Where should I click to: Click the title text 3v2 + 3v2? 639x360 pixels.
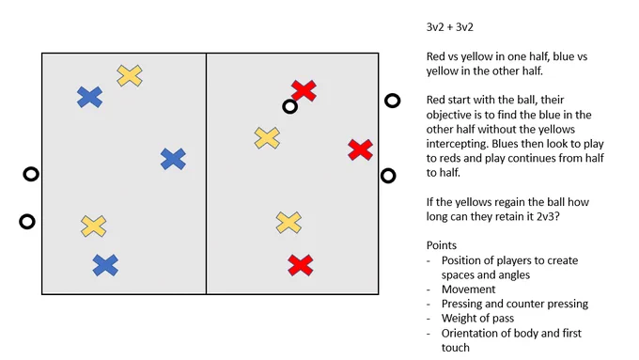449,27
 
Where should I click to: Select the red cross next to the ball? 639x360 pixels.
304,90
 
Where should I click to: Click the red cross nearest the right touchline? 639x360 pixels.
360,149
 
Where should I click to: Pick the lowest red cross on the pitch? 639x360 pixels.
301,265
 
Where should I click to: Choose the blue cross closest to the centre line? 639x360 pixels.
173,159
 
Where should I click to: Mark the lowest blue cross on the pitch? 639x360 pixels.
105,265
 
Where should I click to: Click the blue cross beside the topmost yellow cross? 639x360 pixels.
89,97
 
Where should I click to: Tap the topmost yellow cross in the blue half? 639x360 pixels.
130,75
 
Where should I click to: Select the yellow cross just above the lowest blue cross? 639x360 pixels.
94,227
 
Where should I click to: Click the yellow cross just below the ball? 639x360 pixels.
267,138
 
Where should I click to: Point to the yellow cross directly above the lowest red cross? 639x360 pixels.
288,222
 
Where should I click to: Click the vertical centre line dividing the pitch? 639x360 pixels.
206,173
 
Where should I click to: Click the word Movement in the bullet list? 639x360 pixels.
468,290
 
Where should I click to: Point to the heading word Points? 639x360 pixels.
442,245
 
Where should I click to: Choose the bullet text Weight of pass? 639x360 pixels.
477,318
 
